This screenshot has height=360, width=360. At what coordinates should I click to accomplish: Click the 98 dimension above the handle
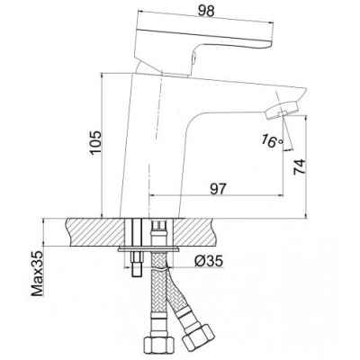point(206,11)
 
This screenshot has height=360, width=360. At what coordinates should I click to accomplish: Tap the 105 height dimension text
point(96,142)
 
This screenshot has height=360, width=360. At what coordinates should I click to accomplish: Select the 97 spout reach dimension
point(218,189)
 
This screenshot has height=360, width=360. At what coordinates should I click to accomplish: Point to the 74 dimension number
point(299,166)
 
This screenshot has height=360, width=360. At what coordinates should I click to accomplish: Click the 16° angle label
point(272,140)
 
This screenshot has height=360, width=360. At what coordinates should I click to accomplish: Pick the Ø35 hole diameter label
point(209,261)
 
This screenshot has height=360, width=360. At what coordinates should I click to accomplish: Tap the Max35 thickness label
point(38,274)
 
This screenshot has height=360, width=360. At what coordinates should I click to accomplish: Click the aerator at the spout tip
point(283,111)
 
